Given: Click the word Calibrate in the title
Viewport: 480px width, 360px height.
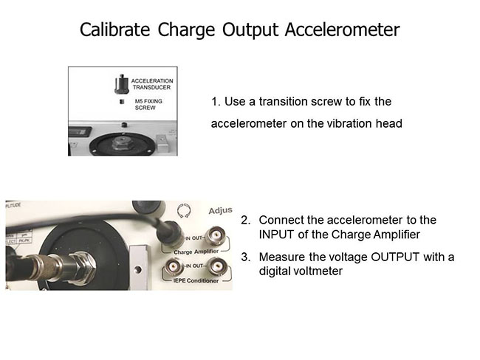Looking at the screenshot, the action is point(114,30).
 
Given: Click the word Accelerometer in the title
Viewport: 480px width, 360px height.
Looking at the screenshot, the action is point(342,30).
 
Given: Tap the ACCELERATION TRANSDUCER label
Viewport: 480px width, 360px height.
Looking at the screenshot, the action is point(152,84).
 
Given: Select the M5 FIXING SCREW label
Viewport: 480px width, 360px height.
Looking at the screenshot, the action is point(148,104).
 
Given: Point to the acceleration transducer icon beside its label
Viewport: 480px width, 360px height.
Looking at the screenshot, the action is point(122,84).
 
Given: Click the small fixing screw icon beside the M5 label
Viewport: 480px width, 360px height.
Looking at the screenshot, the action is point(122,102).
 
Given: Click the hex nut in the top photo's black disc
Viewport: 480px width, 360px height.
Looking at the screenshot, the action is point(123,143).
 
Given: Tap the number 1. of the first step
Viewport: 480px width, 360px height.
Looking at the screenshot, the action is point(216,102).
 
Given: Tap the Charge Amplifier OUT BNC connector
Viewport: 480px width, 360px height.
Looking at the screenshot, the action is point(217,236).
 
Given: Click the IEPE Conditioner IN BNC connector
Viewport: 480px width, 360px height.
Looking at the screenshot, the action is point(174,267).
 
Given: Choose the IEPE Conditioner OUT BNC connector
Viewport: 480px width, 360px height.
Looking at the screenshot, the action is point(217,266).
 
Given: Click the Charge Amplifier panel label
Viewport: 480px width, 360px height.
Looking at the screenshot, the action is point(196,252).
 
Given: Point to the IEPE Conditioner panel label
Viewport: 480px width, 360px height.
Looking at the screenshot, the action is point(196,280).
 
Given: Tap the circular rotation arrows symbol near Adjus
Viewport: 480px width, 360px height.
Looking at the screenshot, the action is point(184,211).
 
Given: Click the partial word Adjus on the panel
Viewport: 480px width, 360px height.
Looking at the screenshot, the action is point(220,211).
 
